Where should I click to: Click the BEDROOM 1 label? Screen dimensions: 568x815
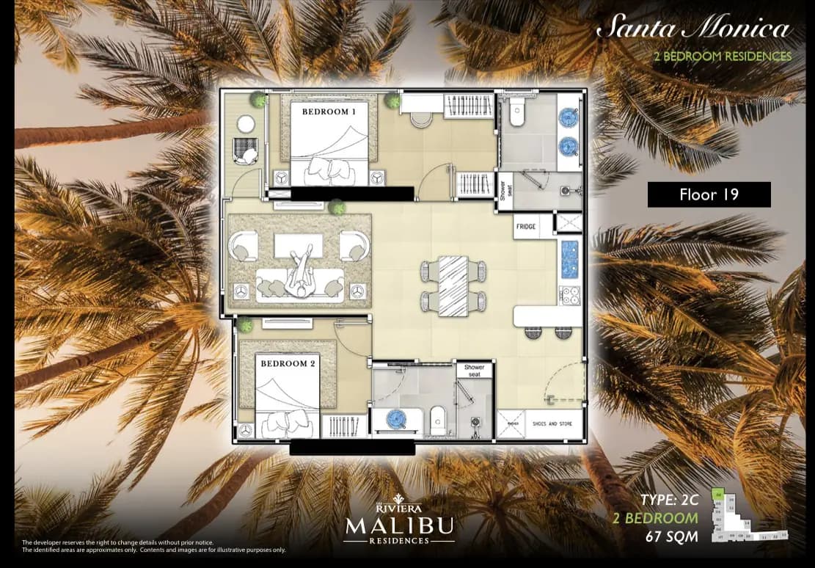(x=329, y=112)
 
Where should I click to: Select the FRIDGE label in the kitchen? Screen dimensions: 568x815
(x=526, y=227)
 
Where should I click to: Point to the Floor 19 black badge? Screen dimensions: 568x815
(x=709, y=194)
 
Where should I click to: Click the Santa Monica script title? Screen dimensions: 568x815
(x=693, y=29)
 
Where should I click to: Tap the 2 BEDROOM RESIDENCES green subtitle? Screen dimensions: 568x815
(x=727, y=57)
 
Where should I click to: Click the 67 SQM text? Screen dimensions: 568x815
(x=671, y=536)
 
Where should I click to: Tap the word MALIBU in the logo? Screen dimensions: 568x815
(x=400, y=525)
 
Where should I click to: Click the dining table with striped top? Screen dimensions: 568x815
(x=453, y=285)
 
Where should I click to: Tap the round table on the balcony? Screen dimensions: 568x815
(x=246, y=123)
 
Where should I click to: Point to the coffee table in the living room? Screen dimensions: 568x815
(x=299, y=246)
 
